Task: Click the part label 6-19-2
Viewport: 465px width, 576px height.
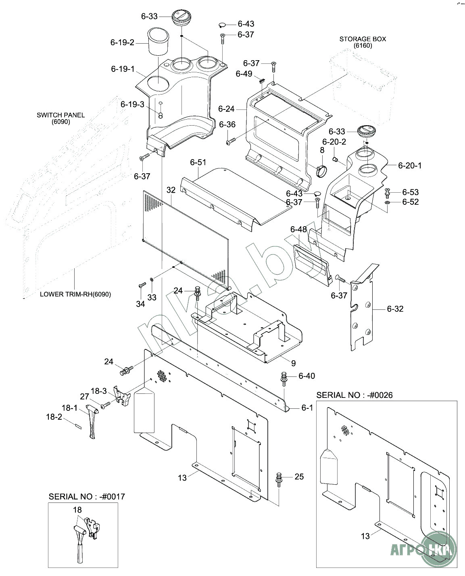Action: [122, 42]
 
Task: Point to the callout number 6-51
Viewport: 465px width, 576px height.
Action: [198, 162]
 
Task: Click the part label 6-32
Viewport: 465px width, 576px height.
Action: [395, 309]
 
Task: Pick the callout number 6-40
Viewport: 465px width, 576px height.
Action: [307, 376]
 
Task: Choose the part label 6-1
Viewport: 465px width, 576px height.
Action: [307, 408]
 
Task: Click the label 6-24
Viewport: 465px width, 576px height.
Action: [226, 109]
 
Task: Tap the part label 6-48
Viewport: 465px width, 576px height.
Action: [298, 229]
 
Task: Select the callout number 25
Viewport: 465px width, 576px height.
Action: [299, 477]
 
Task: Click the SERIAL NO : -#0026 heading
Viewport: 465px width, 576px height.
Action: [354, 395]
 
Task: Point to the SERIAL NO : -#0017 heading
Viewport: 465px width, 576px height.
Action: [87, 496]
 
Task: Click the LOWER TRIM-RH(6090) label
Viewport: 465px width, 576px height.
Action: [75, 294]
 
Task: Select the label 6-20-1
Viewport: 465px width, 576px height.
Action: [410, 166]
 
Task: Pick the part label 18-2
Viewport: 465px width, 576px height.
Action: [54, 417]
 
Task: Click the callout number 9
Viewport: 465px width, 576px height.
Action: [293, 363]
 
